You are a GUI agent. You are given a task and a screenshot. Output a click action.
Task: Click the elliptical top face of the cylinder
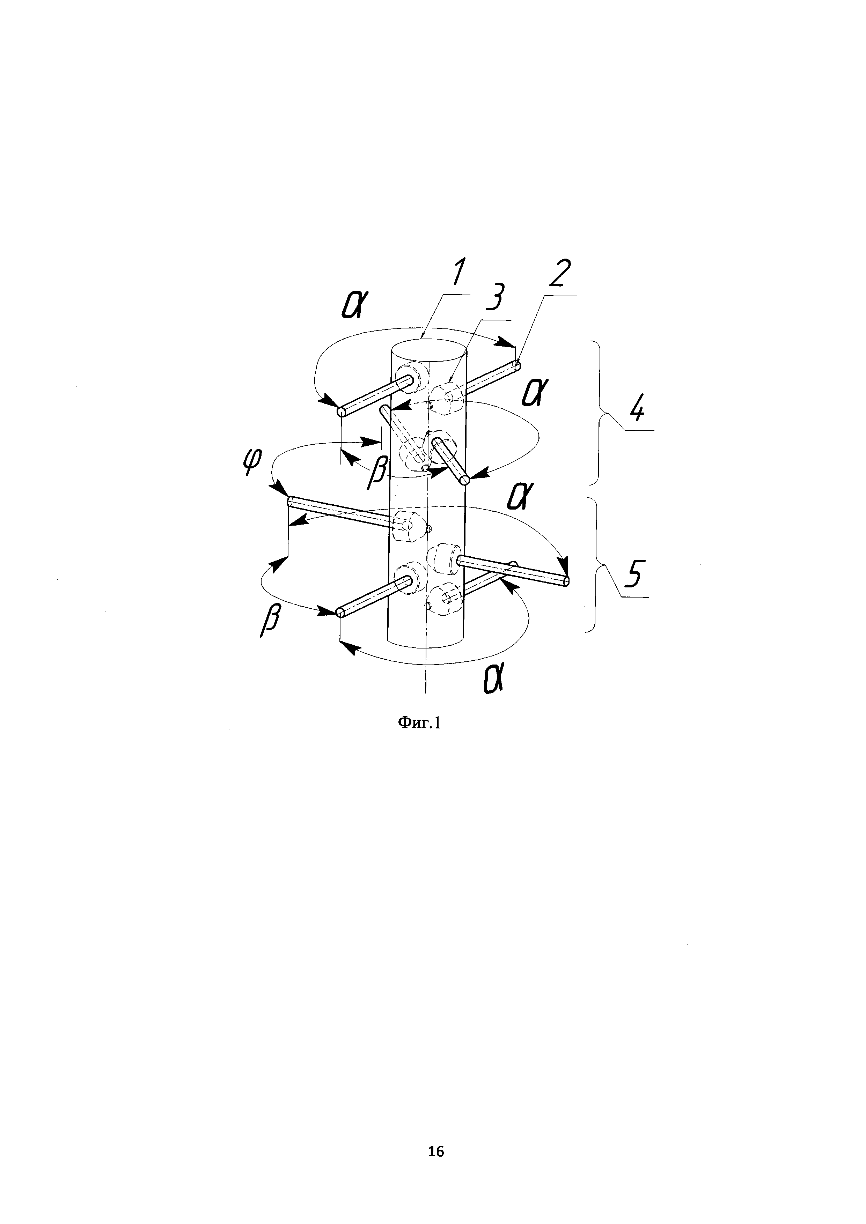point(429,354)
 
